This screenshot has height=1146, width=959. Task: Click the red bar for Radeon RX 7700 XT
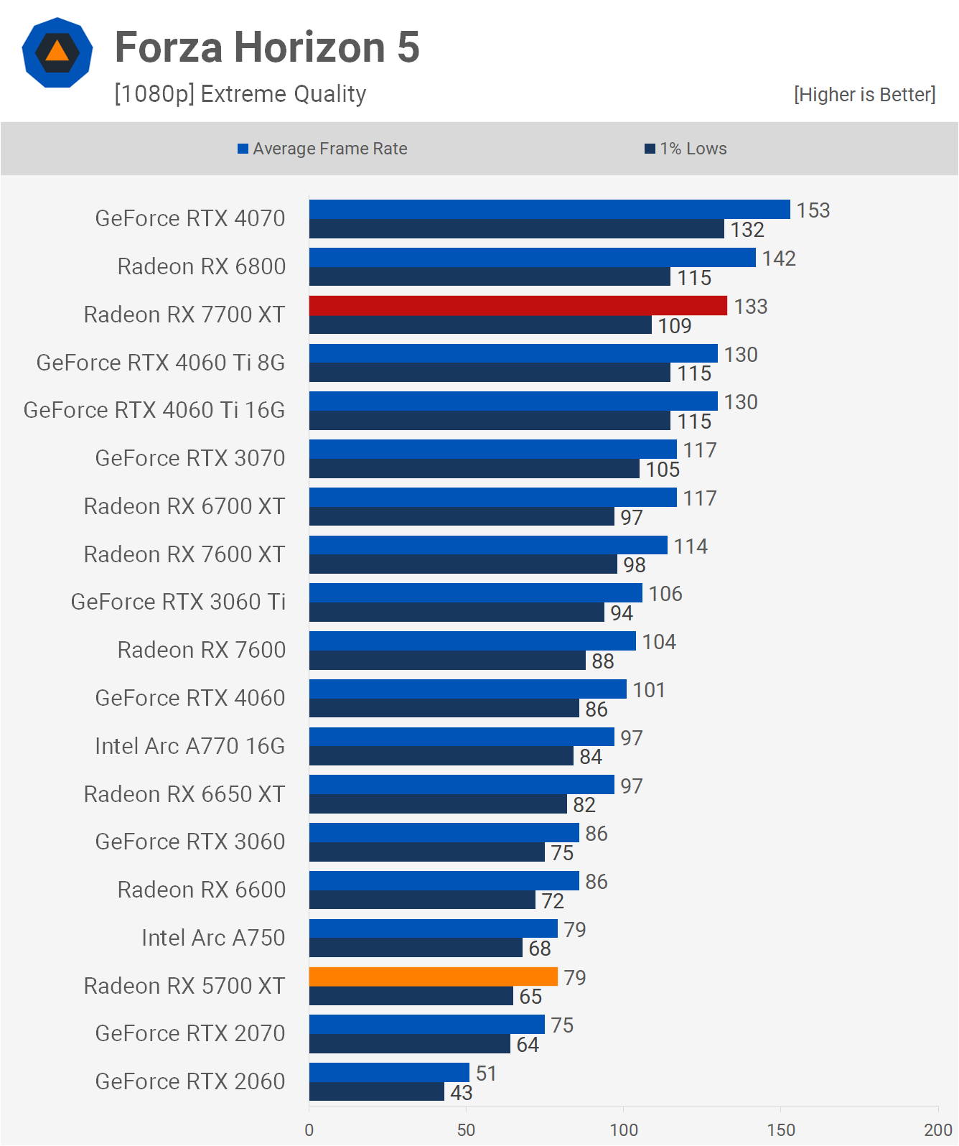coord(518,306)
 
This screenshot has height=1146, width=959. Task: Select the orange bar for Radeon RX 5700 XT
coord(433,977)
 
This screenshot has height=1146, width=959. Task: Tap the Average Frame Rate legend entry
coord(322,149)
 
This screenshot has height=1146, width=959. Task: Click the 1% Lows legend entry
coord(686,149)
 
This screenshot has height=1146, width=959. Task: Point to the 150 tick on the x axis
coord(780,1129)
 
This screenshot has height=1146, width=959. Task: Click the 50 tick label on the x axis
coord(466,1129)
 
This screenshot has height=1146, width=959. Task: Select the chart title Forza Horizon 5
coord(267,47)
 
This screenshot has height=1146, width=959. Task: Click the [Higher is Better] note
coord(864,95)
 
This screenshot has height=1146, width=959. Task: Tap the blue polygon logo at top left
coord(57,52)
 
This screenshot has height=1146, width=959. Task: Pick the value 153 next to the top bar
coord(813,210)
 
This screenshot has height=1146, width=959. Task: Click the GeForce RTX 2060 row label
coord(190,1081)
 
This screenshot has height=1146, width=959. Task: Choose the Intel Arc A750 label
coord(213,938)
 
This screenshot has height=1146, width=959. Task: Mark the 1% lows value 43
coord(461,1093)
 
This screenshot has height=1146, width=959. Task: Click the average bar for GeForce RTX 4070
coord(549,210)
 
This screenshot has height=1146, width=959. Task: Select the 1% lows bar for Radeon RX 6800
coord(490,277)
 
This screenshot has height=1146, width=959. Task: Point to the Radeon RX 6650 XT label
coord(184,794)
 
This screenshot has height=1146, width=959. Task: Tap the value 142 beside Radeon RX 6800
coord(779,258)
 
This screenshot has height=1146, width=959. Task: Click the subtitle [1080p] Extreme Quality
coord(240,94)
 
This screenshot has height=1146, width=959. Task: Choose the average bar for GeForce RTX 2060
coord(389,1073)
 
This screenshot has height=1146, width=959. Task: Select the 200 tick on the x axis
coord(937,1129)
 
